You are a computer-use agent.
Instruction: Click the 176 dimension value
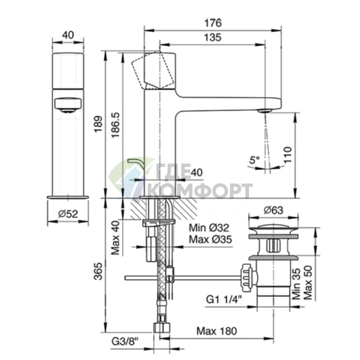pyautogui.click(x=213, y=23)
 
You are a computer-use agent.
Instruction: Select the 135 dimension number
pyautogui.click(x=213, y=38)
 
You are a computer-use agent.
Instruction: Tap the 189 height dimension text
pyautogui.click(x=99, y=124)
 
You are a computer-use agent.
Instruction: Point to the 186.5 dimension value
pyautogui.click(x=115, y=125)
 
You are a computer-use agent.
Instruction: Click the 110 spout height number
pyautogui.click(x=287, y=155)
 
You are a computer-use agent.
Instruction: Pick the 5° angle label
pyautogui.click(x=254, y=160)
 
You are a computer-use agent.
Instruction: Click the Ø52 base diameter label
pyautogui.click(x=68, y=214)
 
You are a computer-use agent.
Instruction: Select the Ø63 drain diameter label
pyautogui.click(x=274, y=210)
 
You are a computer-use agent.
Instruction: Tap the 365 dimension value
pyautogui.click(x=99, y=271)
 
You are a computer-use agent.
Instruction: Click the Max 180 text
pyautogui.click(x=216, y=331)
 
